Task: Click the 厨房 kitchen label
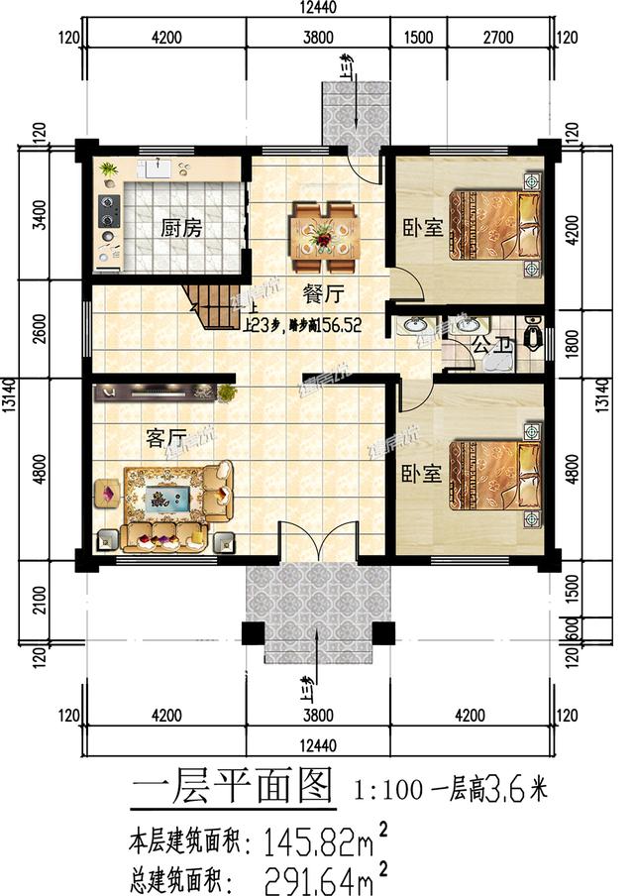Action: [181, 228]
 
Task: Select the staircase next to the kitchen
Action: [210, 305]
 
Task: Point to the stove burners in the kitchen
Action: [106, 211]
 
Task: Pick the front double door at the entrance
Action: [316, 543]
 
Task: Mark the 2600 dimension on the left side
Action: [40, 328]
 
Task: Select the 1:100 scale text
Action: [388, 790]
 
